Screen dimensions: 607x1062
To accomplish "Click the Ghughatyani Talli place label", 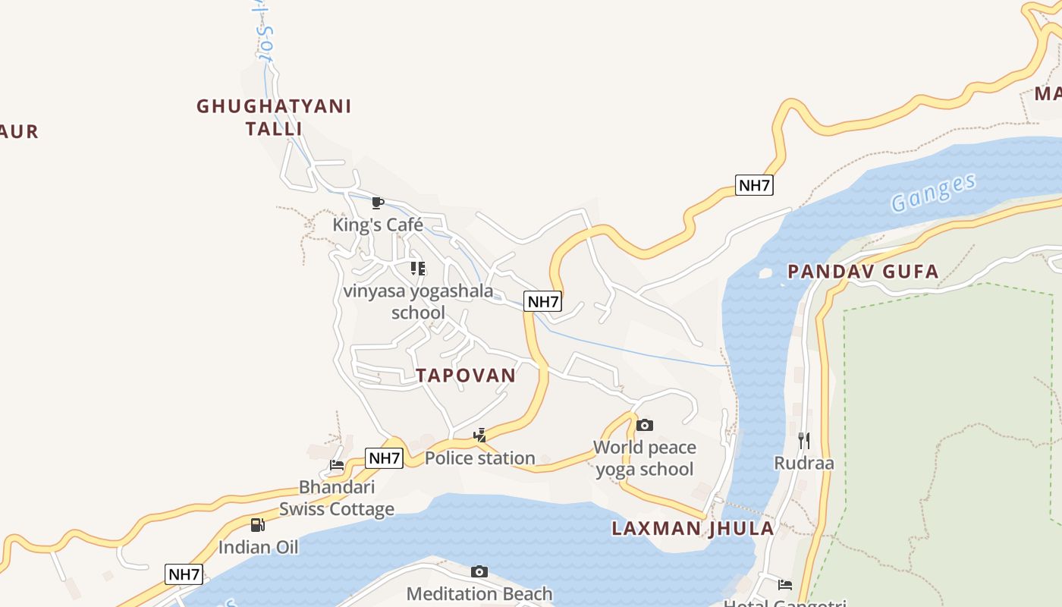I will pyautogui.click(x=274, y=117).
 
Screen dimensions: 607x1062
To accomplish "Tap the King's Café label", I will pyautogui.click(x=378, y=225).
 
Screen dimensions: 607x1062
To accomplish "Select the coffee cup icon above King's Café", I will pyautogui.click(x=377, y=203).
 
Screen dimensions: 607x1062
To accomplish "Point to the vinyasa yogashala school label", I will pyautogui.click(x=418, y=301).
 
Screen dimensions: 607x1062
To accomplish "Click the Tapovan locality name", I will pyautogui.click(x=466, y=375).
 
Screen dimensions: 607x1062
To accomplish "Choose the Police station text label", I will pyautogui.click(x=479, y=458).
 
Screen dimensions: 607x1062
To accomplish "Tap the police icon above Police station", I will pyautogui.click(x=479, y=436).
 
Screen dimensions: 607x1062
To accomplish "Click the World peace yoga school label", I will pyautogui.click(x=644, y=458).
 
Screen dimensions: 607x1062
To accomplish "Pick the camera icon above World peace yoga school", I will pyautogui.click(x=644, y=425).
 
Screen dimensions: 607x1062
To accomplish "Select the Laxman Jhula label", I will pyautogui.click(x=693, y=528).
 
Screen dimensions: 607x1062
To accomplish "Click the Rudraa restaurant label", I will pyautogui.click(x=803, y=463).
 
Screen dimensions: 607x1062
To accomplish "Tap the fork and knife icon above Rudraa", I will pyautogui.click(x=803, y=440).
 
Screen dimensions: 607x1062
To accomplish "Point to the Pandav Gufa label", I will pyautogui.click(x=862, y=271).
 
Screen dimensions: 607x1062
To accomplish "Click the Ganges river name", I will pyautogui.click(x=932, y=193).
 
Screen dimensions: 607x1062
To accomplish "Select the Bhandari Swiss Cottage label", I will pyautogui.click(x=337, y=498).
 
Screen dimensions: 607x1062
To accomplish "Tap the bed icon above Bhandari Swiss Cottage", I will pyautogui.click(x=337, y=465).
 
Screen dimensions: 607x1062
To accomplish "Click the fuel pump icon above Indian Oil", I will pyautogui.click(x=258, y=525).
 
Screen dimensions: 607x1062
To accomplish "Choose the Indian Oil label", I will pyautogui.click(x=258, y=547).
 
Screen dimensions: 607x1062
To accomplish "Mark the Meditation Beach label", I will pyautogui.click(x=479, y=593).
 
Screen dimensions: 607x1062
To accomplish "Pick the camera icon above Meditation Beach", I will pyautogui.click(x=479, y=571).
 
